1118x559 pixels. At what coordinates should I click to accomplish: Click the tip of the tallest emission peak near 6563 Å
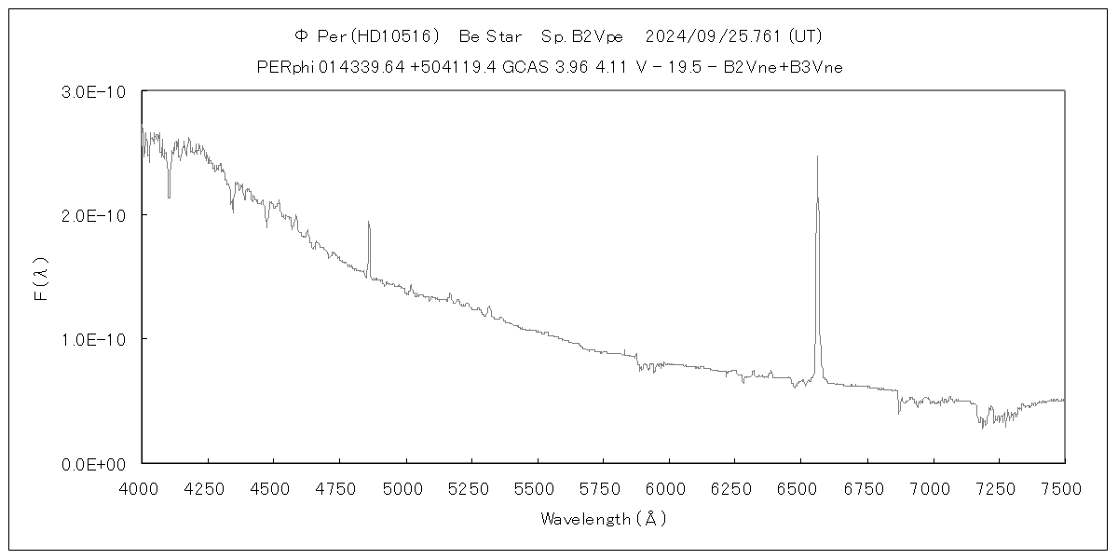click(x=817, y=157)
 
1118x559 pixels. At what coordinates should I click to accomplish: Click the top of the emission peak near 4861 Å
click(x=368, y=222)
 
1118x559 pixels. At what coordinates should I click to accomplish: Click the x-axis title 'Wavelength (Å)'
click(x=603, y=520)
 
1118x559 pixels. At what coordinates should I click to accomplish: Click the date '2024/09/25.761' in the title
click(x=714, y=36)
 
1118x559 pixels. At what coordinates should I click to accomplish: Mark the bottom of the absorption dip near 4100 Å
click(x=169, y=197)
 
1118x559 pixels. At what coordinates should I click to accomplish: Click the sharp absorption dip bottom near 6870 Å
click(x=899, y=413)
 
